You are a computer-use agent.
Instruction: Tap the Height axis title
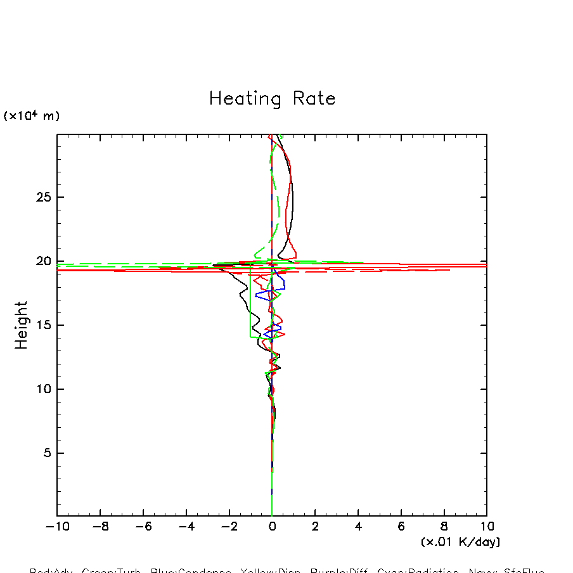22,325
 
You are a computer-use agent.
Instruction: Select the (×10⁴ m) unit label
32,116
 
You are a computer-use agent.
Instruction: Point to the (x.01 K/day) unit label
460,542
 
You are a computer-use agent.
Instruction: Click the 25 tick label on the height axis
42,197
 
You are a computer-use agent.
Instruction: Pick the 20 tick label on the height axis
42,261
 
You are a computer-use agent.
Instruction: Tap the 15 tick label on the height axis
42,325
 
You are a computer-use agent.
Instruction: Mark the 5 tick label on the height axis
46,453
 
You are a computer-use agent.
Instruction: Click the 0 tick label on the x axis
272,527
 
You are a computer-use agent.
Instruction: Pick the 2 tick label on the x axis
315,527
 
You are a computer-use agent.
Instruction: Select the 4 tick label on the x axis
358,527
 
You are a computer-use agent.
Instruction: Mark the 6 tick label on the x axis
401,527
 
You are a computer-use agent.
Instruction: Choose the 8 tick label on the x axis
444,527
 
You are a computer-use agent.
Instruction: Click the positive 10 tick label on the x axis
487,527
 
